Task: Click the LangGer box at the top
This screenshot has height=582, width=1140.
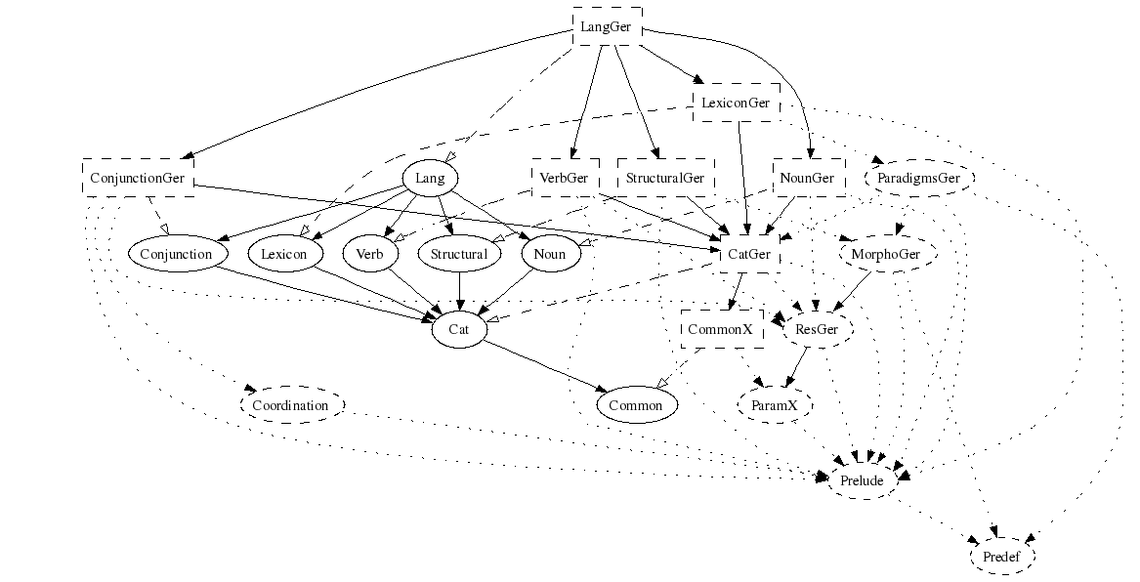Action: pyautogui.click(x=606, y=26)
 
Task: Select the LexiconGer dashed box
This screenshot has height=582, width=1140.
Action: pyautogui.click(x=736, y=103)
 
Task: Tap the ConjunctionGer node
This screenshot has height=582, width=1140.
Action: pyautogui.click(x=138, y=178)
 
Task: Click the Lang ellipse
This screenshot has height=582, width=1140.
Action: pyautogui.click(x=430, y=178)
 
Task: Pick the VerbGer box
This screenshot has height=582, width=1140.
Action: pyautogui.click(x=565, y=178)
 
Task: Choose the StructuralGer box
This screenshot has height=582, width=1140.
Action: pyautogui.click(x=665, y=178)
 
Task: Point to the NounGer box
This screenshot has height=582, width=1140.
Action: pyautogui.click(x=808, y=178)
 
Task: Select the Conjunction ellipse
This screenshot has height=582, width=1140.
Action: pyautogui.click(x=177, y=254)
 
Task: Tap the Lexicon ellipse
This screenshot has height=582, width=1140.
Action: pyautogui.click(x=284, y=254)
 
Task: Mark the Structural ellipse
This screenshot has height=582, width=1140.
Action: pyautogui.click(x=459, y=254)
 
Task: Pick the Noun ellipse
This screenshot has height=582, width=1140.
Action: pyautogui.click(x=550, y=254)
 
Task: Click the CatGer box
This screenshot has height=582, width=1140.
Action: pyautogui.click(x=749, y=254)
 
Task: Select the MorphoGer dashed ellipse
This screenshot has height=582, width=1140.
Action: pyautogui.click(x=887, y=254)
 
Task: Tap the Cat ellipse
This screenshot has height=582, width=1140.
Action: pyautogui.click(x=459, y=329)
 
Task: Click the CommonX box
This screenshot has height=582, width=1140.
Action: pyautogui.click(x=721, y=329)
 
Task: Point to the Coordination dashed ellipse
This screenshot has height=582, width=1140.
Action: pyautogui.click(x=291, y=404)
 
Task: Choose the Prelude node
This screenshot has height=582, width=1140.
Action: pyautogui.click(x=862, y=480)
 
